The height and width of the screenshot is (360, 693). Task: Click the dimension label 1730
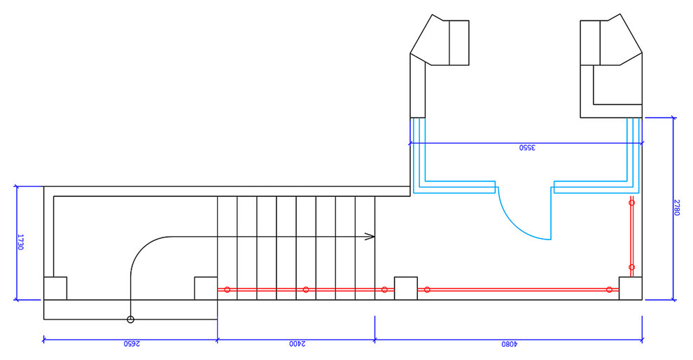20,242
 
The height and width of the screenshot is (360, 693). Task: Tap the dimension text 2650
132,344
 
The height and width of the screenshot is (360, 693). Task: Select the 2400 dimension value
297,344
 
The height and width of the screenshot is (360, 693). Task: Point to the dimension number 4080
509,344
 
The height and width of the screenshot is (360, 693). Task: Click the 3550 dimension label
527,148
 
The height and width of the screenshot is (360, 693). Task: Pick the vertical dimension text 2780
677,207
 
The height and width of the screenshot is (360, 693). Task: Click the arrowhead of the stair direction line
370,237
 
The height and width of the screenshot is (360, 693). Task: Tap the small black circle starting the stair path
130,319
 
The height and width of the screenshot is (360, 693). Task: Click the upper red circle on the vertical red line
631,202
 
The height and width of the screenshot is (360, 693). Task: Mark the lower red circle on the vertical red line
631,267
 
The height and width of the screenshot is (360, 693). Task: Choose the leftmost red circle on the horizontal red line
227,290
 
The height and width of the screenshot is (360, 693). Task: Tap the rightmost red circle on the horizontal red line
609,290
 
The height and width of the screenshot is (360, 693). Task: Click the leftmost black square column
55,289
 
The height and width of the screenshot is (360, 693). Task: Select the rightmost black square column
631,289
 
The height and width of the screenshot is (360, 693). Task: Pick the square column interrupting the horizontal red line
406,289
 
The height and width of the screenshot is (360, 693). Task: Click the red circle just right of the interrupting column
427,290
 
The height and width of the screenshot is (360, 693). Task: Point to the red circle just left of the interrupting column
384,290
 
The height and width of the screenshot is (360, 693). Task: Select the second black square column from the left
206,289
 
